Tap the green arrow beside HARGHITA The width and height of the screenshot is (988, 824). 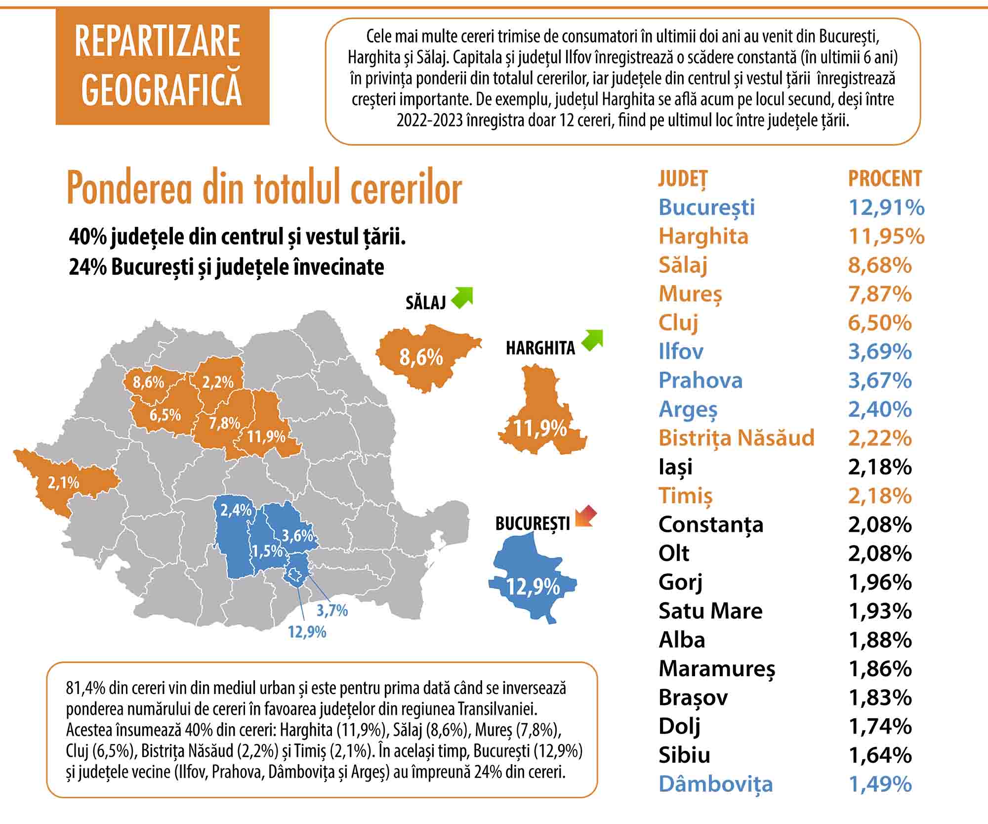[592, 341]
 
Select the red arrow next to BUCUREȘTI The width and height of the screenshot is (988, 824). [586, 517]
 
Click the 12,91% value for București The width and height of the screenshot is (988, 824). [886, 207]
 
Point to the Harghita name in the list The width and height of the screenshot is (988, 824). [703, 236]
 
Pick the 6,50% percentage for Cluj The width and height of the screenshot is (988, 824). [880, 323]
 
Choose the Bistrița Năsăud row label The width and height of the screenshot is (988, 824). [736, 438]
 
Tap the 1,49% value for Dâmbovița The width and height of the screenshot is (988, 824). [880, 784]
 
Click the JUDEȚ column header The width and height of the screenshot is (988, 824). [683, 178]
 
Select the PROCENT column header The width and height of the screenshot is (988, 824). [885, 178]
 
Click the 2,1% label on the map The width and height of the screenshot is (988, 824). [63, 482]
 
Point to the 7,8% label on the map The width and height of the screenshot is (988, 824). [224, 423]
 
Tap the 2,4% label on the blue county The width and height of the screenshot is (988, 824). [236, 510]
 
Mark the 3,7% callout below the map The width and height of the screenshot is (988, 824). [332, 610]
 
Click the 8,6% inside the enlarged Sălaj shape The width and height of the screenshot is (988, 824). [421, 357]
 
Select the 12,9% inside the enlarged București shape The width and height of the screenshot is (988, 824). [533, 587]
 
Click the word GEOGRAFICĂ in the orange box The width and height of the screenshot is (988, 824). [162, 90]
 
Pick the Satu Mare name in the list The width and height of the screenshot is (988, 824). [710, 611]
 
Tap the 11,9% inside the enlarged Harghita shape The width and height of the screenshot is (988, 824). [539, 428]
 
